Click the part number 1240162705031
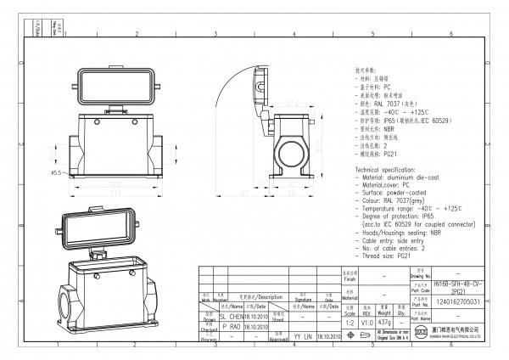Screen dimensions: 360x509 (458, 301)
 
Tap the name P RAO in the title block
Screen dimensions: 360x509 (230, 325)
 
